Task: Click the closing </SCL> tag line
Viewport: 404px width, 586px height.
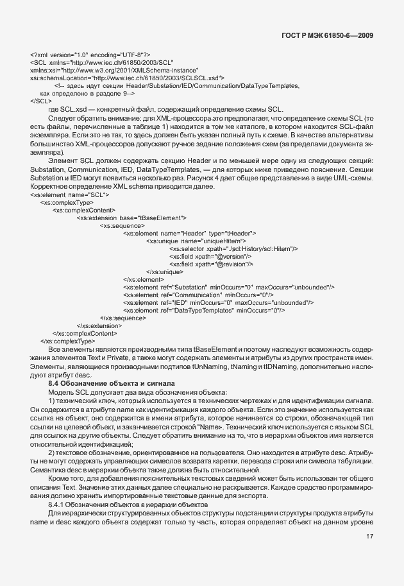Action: (40, 101)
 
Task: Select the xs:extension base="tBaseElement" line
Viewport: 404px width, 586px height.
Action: (131, 218)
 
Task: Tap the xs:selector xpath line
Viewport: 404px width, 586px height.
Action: (233, 248)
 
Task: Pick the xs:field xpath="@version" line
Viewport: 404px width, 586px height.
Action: (211, 256)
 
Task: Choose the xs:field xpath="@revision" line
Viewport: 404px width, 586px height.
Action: (211, 264)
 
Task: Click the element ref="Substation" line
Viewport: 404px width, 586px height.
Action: (228, 287)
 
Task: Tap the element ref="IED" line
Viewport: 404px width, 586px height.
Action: (217, 302)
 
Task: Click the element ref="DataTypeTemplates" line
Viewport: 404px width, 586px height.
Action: (204, 310)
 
